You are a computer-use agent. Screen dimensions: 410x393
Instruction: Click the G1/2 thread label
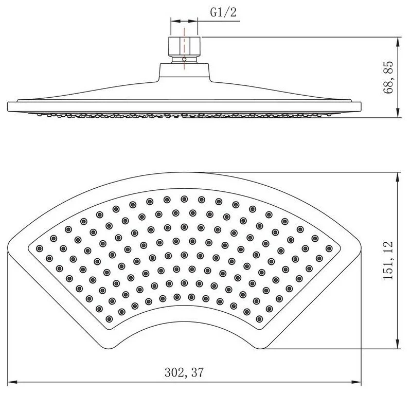(x=223, y=12)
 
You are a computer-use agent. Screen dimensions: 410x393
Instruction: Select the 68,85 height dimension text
(x=388, y=77)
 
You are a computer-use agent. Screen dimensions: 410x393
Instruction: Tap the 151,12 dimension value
(x=388, y=260)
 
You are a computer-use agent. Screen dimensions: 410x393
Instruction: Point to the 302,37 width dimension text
(x=184, y=372)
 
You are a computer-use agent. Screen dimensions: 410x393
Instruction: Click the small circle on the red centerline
(x=184, y=59)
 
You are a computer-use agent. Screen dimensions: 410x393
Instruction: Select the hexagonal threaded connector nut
(x=184, y=46)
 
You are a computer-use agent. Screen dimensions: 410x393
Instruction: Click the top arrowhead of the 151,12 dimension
(x=398, y=177)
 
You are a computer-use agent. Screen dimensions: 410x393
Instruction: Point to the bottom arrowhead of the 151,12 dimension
(x=398, y=344)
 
